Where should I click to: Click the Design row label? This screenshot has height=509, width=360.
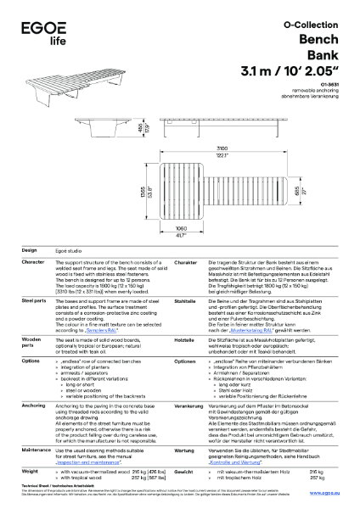tap(29, 251)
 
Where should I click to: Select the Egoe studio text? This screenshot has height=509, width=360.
tap(72, 252)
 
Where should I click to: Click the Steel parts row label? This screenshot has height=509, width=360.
tap(33, 300)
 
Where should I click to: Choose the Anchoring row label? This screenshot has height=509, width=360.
tap(33, 383)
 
